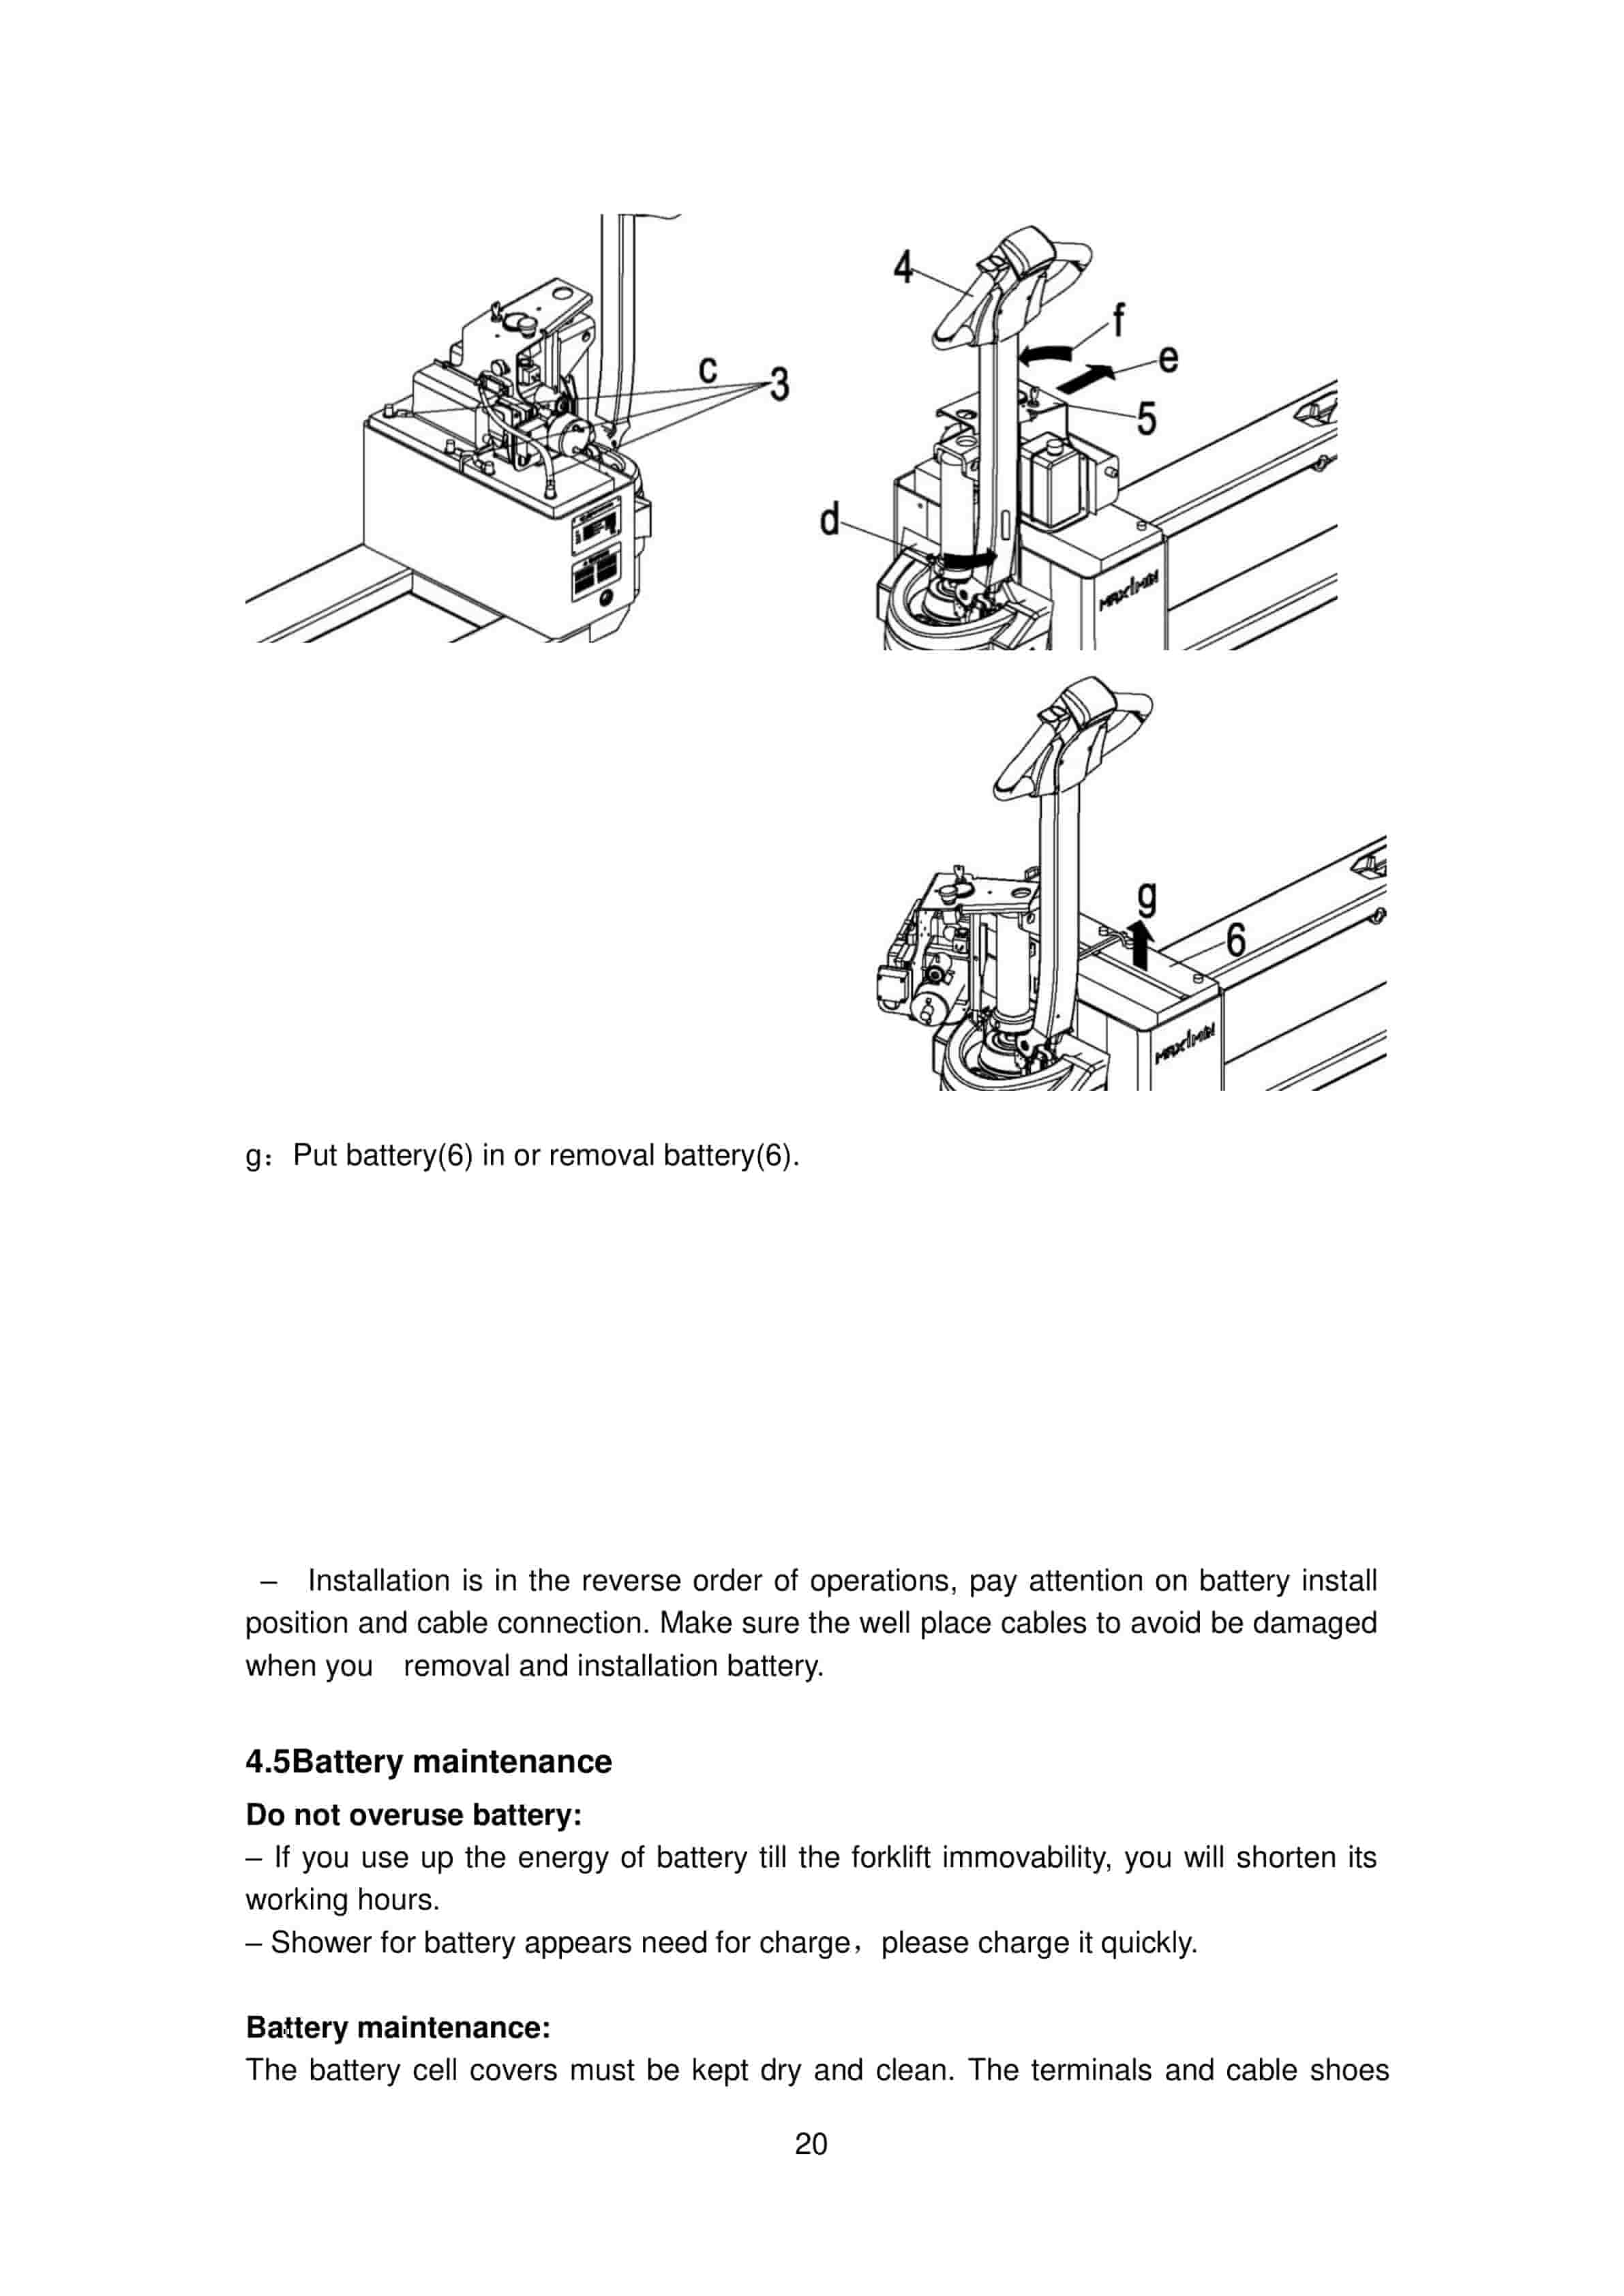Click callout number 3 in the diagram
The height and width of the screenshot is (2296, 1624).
click(779, 384)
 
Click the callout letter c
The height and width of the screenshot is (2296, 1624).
click(708, 369)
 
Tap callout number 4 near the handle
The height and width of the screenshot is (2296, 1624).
click(903, 267)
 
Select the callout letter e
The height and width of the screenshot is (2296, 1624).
click(1167, 358)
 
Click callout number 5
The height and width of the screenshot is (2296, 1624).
click(1147, 418)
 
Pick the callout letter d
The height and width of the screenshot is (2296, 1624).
click(830, 519)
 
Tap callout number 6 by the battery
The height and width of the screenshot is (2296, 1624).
click(1236, 940)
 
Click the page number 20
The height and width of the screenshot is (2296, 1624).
click(811, 2143)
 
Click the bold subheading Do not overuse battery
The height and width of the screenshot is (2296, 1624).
click(413, 1814)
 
